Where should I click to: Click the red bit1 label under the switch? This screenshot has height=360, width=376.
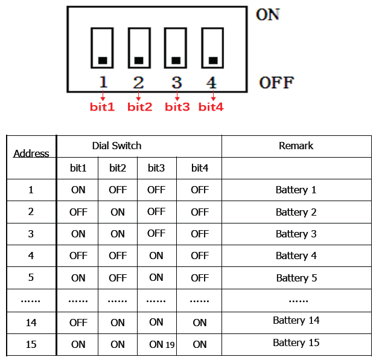point(102,107)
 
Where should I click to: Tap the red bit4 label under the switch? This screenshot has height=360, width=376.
point(211,107)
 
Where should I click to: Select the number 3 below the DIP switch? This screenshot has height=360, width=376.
point(176,82)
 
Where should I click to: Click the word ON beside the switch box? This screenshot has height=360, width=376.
point(268,14)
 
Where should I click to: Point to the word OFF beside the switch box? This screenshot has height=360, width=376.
point(276,83)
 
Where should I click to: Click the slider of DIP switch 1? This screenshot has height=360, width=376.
point(103,60)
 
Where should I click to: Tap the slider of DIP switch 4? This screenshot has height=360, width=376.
point(212,60)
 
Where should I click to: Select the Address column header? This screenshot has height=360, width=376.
point(31,153)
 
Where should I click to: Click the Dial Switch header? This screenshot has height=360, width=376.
point(117,146)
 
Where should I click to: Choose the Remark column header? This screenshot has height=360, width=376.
point(296,146)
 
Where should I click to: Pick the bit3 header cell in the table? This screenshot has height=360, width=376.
point(156,168)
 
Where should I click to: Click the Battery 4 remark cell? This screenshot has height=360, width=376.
point(296,256)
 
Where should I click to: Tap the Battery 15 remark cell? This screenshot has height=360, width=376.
point(296,342)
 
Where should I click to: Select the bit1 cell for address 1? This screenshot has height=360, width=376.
point(78,190)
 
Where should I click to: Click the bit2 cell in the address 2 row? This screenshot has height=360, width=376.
point(118,212)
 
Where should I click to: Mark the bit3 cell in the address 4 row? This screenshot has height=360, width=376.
point(156,256)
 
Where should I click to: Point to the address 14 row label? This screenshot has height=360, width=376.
point(31,323)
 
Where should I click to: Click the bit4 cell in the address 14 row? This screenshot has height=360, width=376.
point(200,323)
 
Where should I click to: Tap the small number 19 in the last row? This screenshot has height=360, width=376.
point(170,345)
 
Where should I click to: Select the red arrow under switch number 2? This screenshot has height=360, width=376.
point(139,95)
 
